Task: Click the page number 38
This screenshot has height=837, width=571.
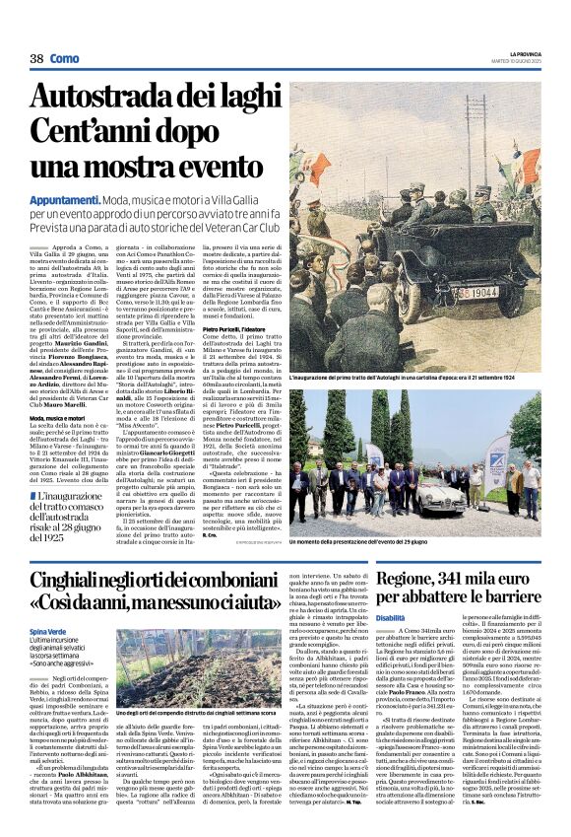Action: click(36, 59)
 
